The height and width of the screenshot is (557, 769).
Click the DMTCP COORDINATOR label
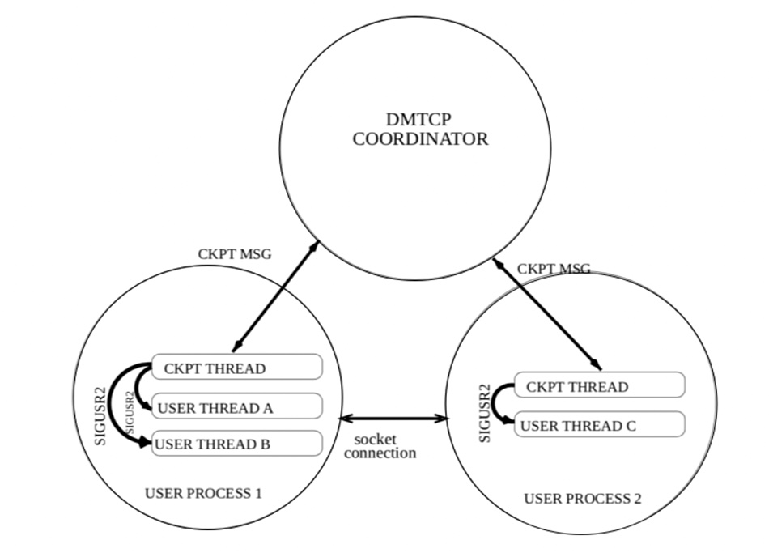coord(420,129)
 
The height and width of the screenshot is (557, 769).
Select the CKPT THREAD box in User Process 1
coord(237,367)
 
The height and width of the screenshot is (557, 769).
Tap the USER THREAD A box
coord(237,406)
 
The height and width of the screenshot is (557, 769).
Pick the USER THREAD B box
coord(237,443)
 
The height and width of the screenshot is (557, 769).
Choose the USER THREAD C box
coord(599,424)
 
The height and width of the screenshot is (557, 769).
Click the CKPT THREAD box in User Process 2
coord(599,385)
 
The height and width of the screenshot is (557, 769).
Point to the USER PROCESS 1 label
coord(203,493)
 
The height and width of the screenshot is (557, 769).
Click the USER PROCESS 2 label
coord(583,499)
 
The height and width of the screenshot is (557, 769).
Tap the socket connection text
coord(380,446)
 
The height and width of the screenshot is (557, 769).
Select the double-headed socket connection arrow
coord(394,419)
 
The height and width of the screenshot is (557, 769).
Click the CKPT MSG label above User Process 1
coord(235,254)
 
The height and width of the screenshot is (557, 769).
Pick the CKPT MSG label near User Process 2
coord(554,269)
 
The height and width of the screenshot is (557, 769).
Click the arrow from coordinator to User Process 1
coord(275,296)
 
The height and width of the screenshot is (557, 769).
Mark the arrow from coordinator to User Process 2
coord(547,314)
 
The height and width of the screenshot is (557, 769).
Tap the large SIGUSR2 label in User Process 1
coord(100,416)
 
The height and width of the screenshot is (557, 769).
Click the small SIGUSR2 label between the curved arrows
coord(130,412)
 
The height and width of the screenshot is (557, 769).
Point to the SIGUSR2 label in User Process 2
coord(485,414)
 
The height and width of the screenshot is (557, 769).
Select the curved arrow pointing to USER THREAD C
coord(494,403)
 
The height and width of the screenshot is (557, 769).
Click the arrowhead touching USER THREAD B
coord(145,442)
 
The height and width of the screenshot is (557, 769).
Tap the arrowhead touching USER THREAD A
coord(147,406)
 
